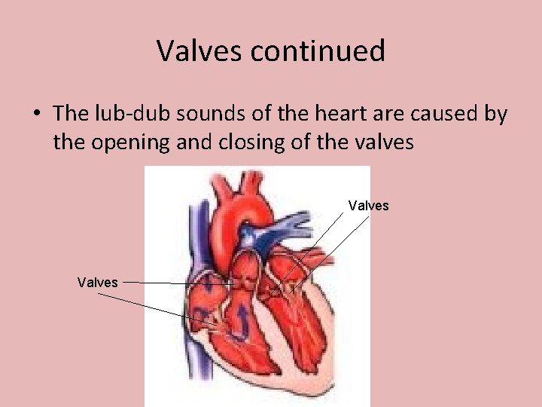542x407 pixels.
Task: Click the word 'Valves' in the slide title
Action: pos(200,51)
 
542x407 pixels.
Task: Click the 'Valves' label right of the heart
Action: pos(368,206)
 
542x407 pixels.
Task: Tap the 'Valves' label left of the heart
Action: pos(97,282)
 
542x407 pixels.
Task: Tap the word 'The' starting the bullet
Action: pos(71,114)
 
